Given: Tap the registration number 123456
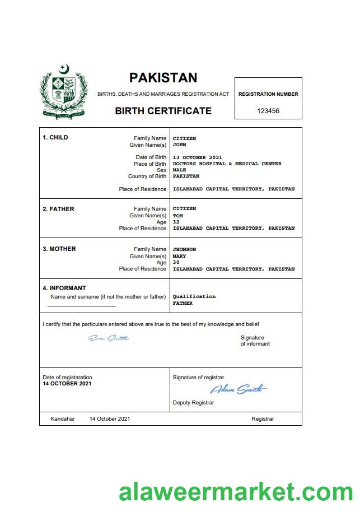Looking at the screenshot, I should (x=268, y=111).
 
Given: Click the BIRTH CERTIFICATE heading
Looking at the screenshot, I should (x=163, y=111).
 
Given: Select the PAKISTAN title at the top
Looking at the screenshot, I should (x=163, y=78).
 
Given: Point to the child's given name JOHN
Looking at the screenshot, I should (x=179, y=145).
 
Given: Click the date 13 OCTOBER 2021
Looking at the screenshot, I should (x=197, y=157).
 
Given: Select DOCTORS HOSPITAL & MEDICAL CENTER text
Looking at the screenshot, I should (x=227, y=164).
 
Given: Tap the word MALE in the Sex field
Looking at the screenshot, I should (x=179, y=170).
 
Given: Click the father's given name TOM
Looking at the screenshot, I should (x=178, y=216).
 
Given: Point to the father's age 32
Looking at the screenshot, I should (x=176, y=222).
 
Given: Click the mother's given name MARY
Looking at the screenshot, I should (x=179, y=256).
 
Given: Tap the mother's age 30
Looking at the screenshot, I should (x=176, y=262).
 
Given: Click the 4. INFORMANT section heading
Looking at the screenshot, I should (x=64, y=288).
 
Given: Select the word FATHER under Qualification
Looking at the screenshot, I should (x=183, y=303).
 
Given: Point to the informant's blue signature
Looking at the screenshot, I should (x=109, y=338).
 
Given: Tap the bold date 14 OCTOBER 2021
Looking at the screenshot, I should (x=67, y=384).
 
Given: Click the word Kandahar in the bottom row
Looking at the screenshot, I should (x=62, y=419).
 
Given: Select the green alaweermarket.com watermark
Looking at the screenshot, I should (x=236, y=493).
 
